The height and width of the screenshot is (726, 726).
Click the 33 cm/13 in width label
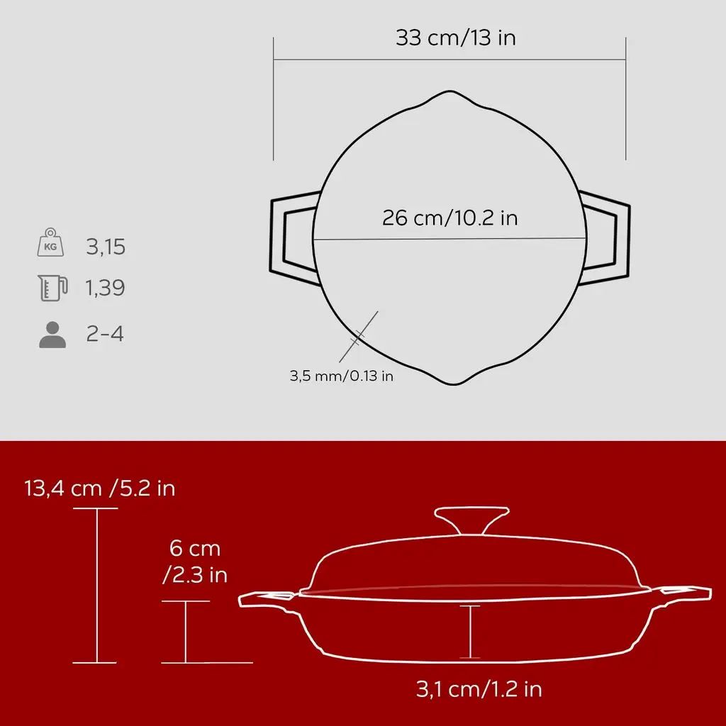tap(456, 38)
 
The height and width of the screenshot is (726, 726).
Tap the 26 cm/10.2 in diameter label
tap(449, 218)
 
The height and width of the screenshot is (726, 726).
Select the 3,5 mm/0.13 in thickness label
tap(342, 376)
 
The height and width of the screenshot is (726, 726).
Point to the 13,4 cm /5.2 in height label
tap(99, 488)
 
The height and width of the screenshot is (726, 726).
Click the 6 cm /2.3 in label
tap(195, 562)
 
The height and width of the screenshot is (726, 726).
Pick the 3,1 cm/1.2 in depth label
tap(479, 689)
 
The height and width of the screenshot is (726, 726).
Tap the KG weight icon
tap(50, 242)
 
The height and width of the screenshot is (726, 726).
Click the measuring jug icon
tap(52, 288)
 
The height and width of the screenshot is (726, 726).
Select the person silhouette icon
tap(52, 335)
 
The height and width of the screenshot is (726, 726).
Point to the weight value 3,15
tap(106, 247)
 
